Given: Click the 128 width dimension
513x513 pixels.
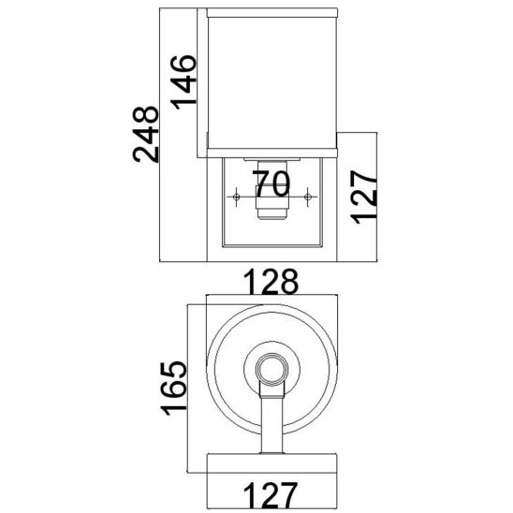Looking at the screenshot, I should (269, 281).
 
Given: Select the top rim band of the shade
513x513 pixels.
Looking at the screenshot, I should (270, 13).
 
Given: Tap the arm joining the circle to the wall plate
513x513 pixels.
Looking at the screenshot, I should (270, 421).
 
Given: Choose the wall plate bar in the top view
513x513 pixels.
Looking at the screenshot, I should (270, 460).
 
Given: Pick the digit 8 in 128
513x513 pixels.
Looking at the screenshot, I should (288, 281).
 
